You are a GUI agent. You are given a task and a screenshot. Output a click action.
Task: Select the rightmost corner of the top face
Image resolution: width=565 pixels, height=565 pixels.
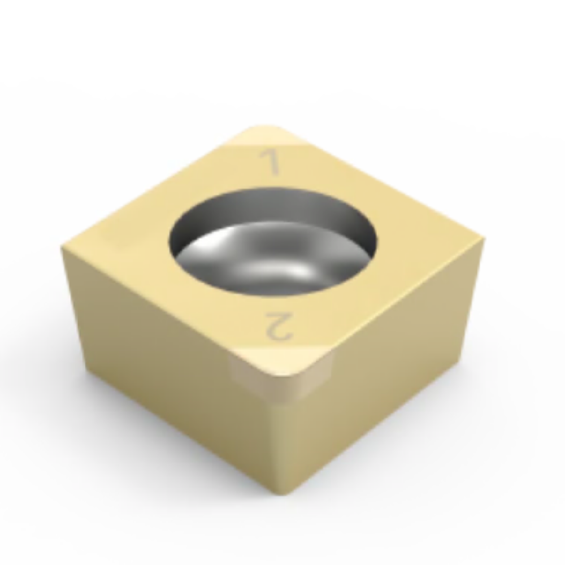click(x=483, y=237)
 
